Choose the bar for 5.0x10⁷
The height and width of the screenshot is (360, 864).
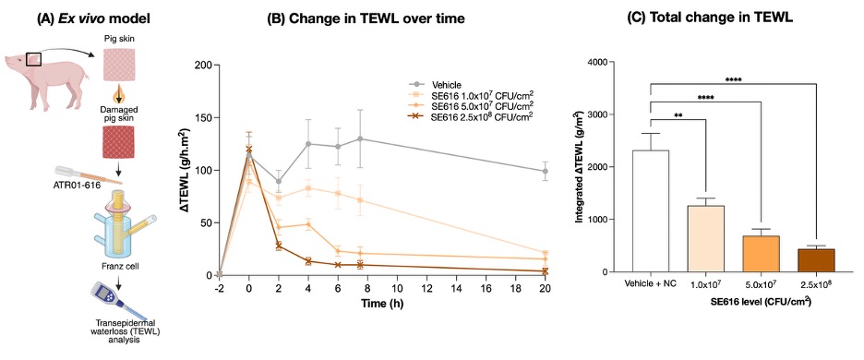point(762,254)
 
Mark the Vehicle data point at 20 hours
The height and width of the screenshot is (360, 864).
point(545,171)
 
